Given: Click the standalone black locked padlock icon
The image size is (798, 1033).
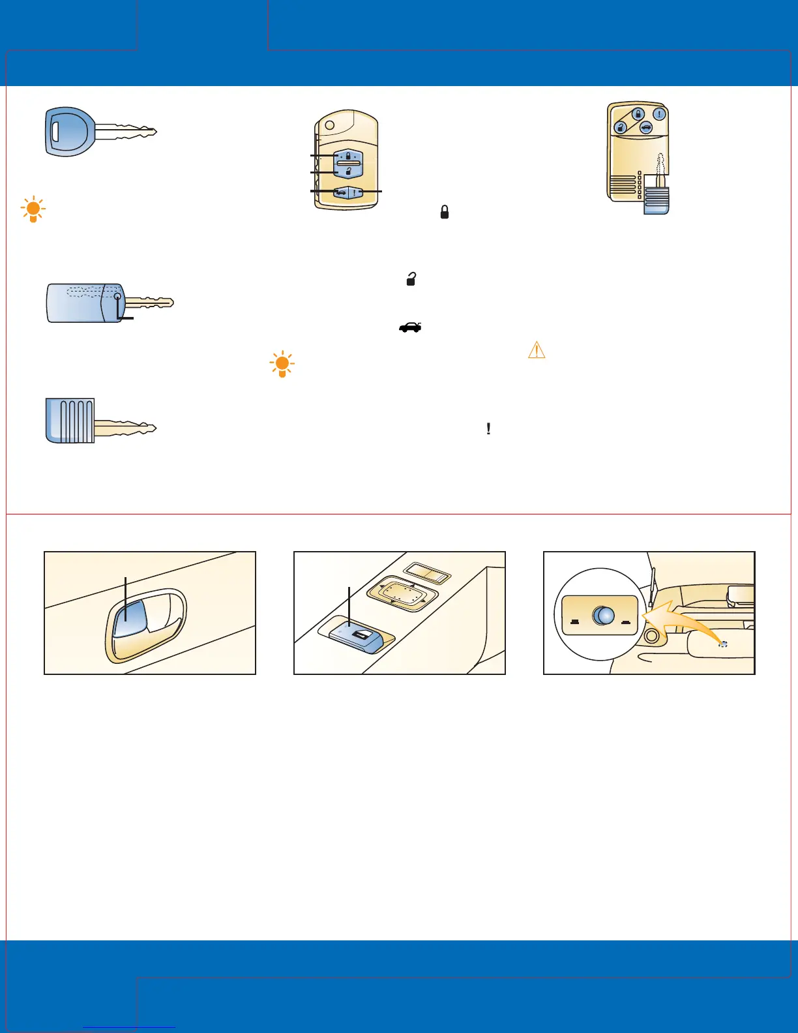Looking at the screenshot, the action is [x=445, y=212].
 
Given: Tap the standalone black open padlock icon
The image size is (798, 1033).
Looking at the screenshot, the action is [x=411, y=279].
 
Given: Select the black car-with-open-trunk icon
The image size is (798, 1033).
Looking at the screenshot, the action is [x=410, y=327].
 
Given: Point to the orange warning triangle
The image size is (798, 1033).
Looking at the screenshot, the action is [x=536, y=350].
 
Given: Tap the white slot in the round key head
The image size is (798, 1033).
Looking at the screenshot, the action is [x=55, y=131].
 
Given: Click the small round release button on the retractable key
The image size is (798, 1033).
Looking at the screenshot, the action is [x=117, y=297].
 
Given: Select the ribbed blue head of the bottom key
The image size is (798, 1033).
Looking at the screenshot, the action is [x=70, y=421].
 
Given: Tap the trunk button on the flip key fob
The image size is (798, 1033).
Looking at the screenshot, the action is [x=340, y=192].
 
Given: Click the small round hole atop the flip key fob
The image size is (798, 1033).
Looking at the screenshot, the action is [x=329, y=125].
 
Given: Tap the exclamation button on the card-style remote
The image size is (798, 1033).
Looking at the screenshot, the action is [x=660, y=114].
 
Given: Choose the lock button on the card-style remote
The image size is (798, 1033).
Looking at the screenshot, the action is [x=638, y=115].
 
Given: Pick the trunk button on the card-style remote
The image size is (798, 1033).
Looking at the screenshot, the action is [x=645, y=128].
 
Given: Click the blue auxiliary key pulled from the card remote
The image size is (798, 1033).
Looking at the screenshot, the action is [x=657, y=199].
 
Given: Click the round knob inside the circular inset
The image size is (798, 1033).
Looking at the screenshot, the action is [x=603, y=615].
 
